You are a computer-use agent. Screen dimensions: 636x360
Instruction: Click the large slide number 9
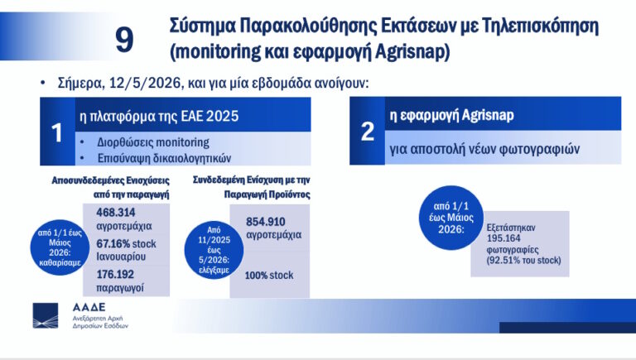click(x=124, y=40)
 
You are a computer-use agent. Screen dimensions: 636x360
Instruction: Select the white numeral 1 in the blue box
click(x=57, y=132)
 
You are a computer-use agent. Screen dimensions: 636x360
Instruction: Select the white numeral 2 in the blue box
click(x=368, y=132)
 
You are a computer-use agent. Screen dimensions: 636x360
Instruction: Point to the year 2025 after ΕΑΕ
click(x=222, y=117)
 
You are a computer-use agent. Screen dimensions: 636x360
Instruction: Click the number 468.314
click(x=116, y=213)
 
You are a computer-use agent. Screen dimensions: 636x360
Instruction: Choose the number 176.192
click(x=115, y=275)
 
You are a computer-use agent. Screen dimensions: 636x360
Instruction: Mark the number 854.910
click(x=266, y=222)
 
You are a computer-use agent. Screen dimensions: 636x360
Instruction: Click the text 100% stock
click(x=269, y=276)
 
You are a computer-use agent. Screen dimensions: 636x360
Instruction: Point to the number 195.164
click(x=503, y=238)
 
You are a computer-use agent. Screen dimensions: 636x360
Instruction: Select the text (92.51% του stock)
click(x=523, y=260)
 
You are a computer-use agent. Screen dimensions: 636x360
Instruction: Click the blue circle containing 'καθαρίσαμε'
click(x=60, y=247)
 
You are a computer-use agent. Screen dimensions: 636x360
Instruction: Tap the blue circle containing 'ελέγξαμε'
click(x=214, y=250)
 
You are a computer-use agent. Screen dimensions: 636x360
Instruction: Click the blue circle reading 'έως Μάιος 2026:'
click(x=451, y=218)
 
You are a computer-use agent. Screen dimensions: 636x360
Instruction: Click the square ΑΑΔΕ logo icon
click(x=46, y=315)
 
